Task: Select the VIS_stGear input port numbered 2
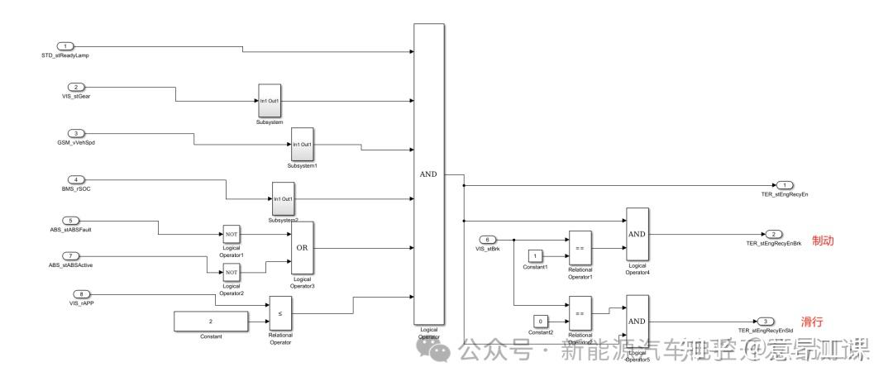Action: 75,87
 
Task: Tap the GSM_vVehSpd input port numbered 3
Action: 75,133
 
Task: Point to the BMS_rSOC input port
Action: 75,179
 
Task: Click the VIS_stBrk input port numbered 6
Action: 489,240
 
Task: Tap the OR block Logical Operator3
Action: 303,248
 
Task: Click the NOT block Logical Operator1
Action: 231,235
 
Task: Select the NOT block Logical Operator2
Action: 231,272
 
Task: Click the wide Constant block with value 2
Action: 211,322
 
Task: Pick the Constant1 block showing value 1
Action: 536,255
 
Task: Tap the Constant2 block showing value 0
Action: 539,321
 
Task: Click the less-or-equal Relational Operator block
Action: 280,315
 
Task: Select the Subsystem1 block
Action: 302,145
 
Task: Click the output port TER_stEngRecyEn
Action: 785,185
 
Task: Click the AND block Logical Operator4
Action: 637,234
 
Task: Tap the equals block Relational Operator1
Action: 580,247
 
